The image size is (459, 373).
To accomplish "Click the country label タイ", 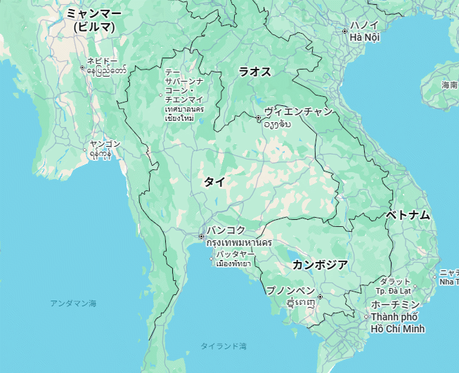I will point(214,182).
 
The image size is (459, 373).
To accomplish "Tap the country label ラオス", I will point(254,72).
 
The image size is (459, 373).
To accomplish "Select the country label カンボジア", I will point(320,265).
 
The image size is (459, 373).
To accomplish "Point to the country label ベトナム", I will point(408,216).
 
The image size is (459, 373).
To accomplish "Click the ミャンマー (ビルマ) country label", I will point(93,20).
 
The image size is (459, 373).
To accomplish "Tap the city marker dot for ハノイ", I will point(344,32).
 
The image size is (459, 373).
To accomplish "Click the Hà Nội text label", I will point(365,37).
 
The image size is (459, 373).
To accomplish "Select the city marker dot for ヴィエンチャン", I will point(259,117).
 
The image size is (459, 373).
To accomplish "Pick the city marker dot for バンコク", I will point(201,237).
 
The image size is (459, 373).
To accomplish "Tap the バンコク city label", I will point(226,230).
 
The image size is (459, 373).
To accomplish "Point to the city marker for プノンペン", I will point(320,297).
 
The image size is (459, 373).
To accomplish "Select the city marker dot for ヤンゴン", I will point(88,150).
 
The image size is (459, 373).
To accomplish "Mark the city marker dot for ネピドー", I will point(82,68).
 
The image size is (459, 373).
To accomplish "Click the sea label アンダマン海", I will point(73,303).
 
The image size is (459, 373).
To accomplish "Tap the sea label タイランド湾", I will point(223,346).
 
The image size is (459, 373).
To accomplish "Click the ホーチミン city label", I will point(395,304).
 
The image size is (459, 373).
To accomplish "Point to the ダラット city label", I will point(394,281).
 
